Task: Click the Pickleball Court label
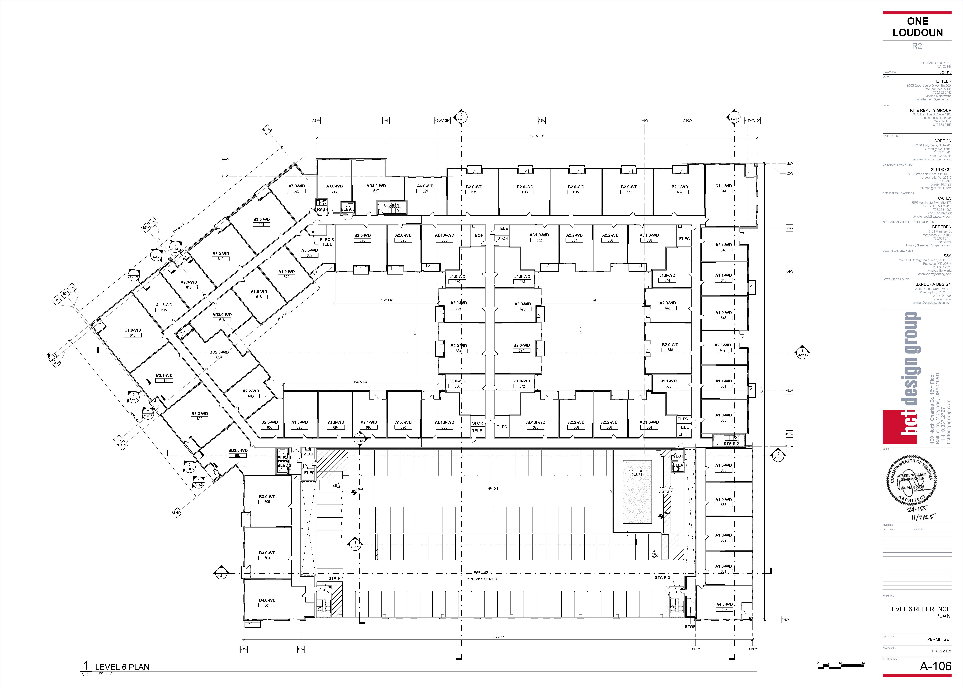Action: pyautogui.click(x=636, y=473)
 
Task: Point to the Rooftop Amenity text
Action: pyautogui.click(x=666, y=490)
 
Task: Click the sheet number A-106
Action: pyautogui.click(x=935, y=666)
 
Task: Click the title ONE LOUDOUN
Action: pyautogui.click(x=917, y=27)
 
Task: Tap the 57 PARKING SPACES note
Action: pyautogui.click(x=481, y=579)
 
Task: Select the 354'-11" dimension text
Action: pyautogui.click(x=498, y=637)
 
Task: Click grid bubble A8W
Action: pyautogui.click(x=542, y=121)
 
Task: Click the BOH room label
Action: pyautogui.click(x=479, y=236)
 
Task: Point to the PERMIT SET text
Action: pyautogui.click(x=939, y=639)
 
